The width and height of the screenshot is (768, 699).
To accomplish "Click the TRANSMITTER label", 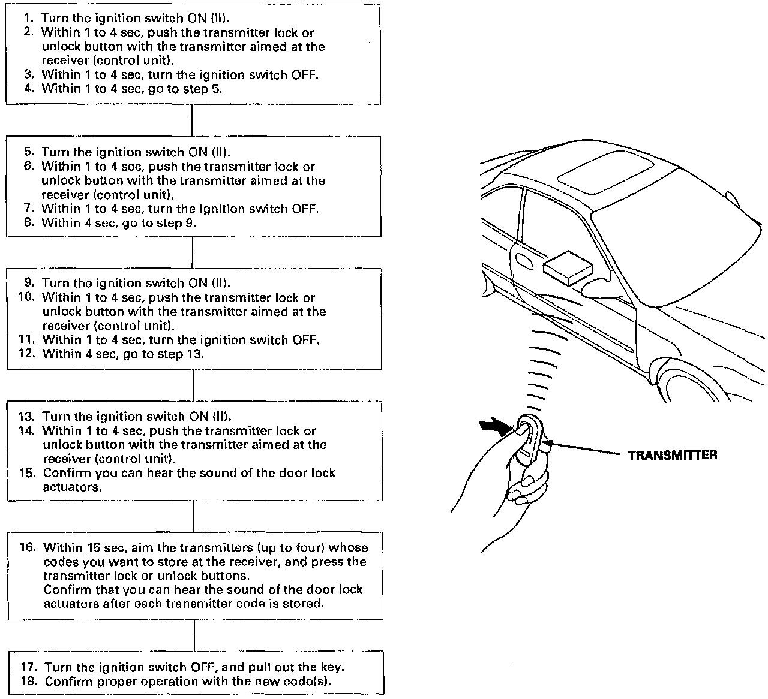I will tap(672, 455).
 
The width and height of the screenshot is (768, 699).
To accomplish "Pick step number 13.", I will tap(27, 417).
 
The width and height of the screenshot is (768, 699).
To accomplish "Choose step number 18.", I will tap(29, 682).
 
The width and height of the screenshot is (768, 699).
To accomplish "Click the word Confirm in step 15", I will tap(65, 473).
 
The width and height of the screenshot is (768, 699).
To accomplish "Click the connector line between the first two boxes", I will tap(191, 120).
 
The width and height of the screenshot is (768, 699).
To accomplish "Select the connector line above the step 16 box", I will tap(194, 516).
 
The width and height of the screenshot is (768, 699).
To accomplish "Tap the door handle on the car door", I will tap(523, 260).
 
